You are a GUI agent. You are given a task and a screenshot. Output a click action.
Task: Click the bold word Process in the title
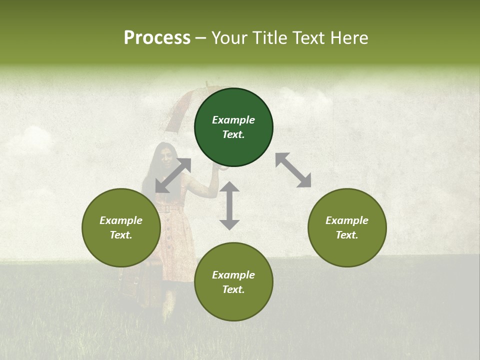pos(157,38)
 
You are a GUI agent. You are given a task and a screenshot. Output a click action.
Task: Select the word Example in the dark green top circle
pos(233,120)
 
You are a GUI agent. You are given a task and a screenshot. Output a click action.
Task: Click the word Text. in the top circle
pos(233,134)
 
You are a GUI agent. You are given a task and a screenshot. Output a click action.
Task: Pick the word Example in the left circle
pos(121,220)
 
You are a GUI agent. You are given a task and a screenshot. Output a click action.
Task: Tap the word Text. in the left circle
pos(121,235)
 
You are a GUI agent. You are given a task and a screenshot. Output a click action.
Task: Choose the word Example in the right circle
pos(347,220)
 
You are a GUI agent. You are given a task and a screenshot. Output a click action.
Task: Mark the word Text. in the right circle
pos(347,235)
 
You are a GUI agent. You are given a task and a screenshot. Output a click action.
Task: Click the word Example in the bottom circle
pos(233,275)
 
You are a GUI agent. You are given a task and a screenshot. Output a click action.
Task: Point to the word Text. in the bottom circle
pos(233,289)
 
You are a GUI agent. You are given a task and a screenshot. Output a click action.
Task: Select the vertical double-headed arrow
pos(229,206)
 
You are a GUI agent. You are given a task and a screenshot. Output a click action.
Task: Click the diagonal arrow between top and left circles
pos(173,175)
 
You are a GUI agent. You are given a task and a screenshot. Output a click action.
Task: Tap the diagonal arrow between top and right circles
pos(293,170)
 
